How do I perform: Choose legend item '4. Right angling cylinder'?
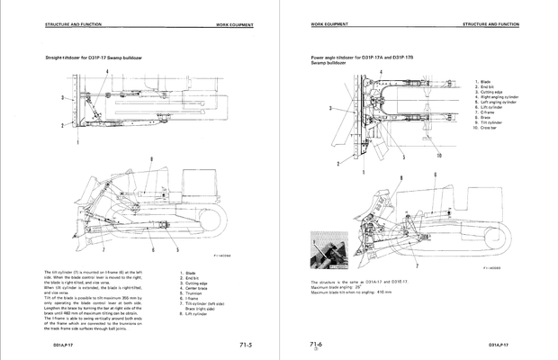[x=499, y=97]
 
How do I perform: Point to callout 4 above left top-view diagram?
[x=107, y=70]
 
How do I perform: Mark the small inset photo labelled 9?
[x=328, y=249]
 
